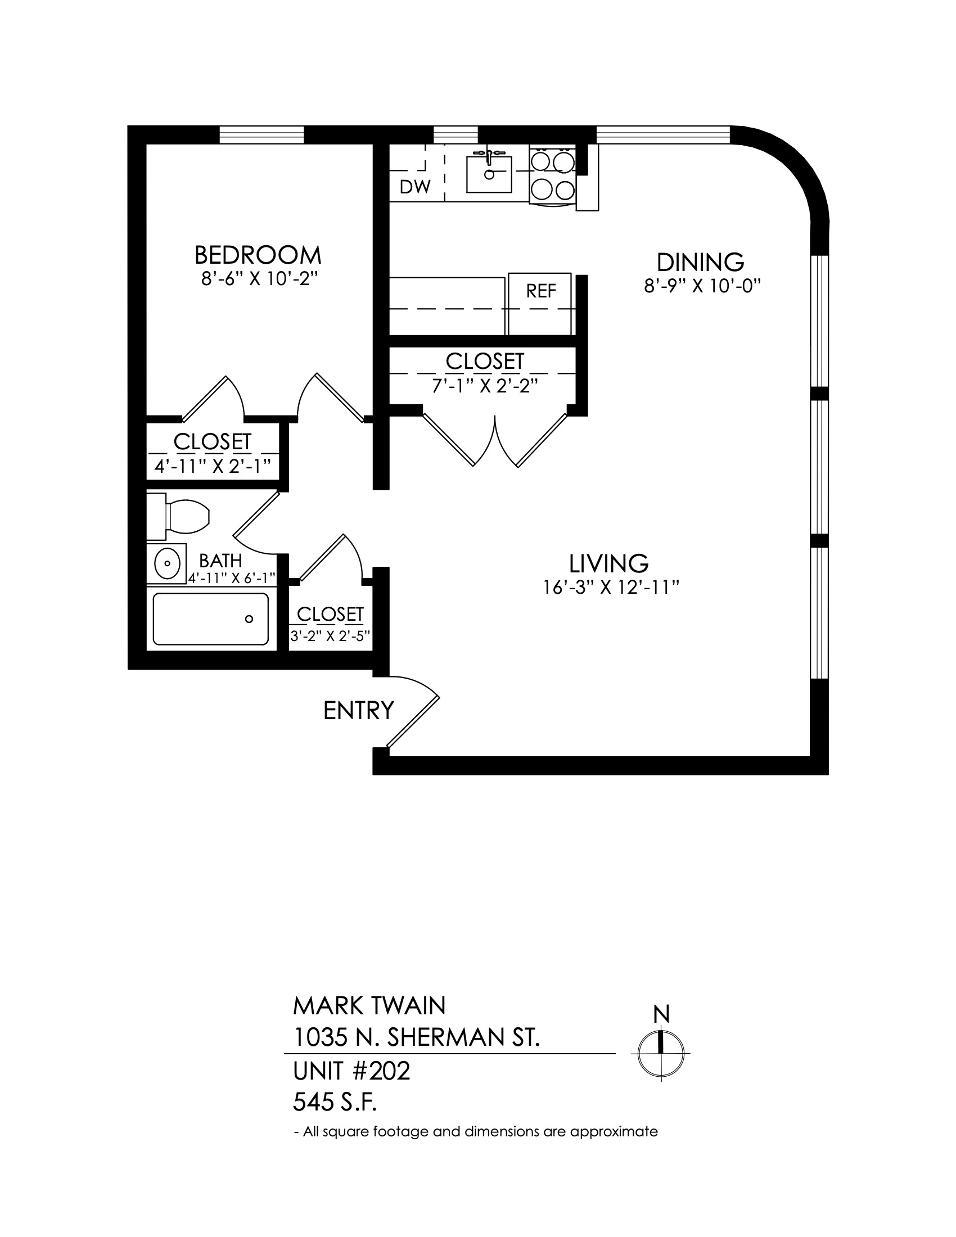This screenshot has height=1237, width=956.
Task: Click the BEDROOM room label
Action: tap(258, 255)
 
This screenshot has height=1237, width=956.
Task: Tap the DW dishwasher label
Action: tap(415, 187)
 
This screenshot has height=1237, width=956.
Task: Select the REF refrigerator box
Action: tap(540, 305)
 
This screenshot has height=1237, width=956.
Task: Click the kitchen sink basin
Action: tap(489, 174)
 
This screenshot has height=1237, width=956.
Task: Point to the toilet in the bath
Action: tap(178, 516)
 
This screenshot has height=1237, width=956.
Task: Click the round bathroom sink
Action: tap(167, 563)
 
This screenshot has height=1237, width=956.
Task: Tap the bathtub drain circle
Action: tap(249, 619)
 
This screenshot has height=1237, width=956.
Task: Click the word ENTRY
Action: tap(359, 710)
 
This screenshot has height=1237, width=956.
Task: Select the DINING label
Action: tap(700, 262)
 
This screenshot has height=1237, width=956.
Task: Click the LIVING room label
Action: tap(609, 563)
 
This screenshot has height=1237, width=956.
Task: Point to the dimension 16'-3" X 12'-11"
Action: tap(611, 588)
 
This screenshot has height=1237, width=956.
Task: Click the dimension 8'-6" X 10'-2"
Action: tap(258, 280)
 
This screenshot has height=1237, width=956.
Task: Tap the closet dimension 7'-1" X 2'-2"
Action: tap(484, 386)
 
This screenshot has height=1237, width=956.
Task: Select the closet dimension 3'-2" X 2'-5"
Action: tap(331, 635)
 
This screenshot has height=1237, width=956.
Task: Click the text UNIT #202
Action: tap(351, 1071)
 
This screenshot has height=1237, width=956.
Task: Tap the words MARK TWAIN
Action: tap(369, 1006)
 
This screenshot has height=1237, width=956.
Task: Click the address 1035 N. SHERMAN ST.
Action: tap(416, 1037)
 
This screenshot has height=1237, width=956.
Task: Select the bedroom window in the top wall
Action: tap(261, 135)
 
